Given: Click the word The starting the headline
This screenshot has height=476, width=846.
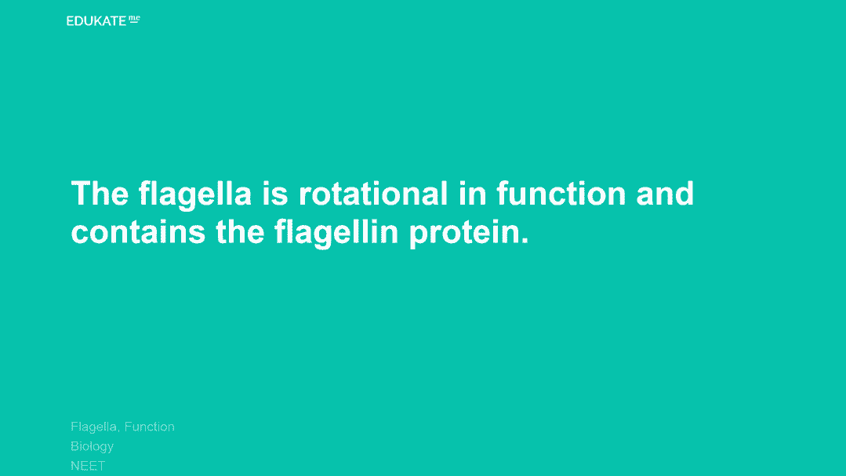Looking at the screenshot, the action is (100, 193).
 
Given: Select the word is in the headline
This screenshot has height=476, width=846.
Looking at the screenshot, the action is (275, 193).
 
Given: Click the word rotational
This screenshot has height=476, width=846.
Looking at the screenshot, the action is (373, 193).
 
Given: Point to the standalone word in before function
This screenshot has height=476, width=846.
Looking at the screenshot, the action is (473, 193).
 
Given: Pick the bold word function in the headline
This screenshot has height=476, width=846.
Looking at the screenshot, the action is (561, 193).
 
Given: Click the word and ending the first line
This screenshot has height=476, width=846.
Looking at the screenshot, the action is (665, 193).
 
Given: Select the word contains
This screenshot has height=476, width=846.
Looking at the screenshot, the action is (138, 231).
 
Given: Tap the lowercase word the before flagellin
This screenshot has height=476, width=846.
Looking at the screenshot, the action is (240, 231).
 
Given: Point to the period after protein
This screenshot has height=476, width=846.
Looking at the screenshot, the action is (525, 241).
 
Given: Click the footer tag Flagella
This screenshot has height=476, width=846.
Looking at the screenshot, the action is (94, 427).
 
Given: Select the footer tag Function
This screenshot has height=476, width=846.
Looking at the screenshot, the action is (150, 427).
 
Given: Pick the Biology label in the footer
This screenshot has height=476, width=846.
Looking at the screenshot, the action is (93, 447).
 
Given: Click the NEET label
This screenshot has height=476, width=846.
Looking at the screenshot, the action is (88, 466).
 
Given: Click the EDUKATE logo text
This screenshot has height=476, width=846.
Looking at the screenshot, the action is (96, 21).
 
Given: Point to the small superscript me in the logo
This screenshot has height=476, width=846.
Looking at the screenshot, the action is (134, 19).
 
